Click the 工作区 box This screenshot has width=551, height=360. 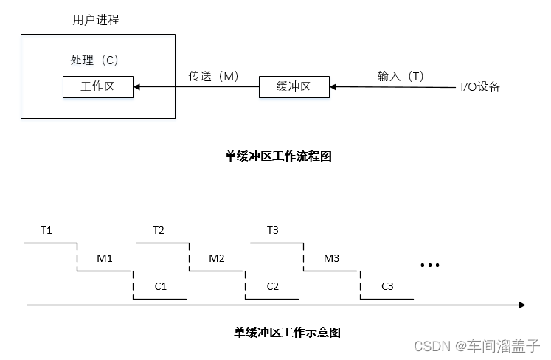98,87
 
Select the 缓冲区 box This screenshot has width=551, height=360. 294,87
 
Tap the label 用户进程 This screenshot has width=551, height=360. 96,21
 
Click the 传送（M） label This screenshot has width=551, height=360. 214,76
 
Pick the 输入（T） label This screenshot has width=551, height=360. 401,76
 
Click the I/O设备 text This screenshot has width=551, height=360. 480,87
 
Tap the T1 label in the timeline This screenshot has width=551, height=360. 46,230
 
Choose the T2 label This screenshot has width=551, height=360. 159,230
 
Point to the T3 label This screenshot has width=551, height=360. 272,230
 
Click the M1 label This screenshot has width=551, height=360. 105,258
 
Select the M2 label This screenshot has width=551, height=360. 217,258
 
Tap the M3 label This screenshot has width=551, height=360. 331,258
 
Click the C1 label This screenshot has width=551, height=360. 161,286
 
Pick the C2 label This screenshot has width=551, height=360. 273,286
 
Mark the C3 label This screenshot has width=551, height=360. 388,286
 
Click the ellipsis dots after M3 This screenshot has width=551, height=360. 429,265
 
